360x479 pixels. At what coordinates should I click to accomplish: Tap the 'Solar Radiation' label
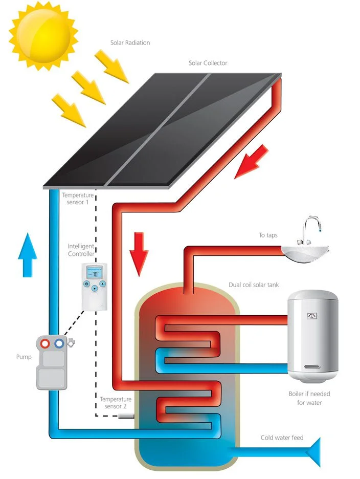(x=130, y=43)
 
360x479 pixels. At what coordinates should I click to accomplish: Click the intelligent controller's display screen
(x=94, y=272)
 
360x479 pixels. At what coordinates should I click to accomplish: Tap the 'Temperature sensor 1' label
(x=78, y=199)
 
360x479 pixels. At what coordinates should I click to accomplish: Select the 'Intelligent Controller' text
(x=81, y=250)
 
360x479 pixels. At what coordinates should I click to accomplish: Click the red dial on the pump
(x=47, y=343)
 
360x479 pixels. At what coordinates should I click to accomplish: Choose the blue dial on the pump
(x=60, y=343)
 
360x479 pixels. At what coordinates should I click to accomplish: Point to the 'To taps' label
(x=270, y=236)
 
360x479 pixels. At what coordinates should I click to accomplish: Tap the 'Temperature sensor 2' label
(x=116, y=403)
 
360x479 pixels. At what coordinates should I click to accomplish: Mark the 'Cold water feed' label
(x=282, y=438)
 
